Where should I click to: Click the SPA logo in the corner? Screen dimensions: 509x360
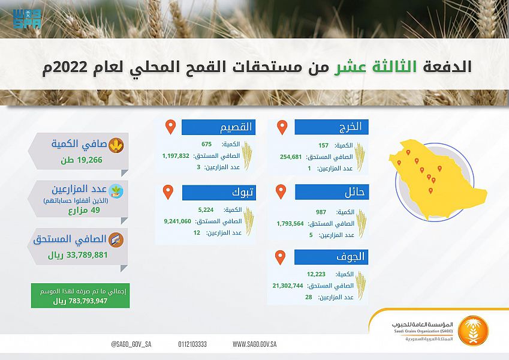27,19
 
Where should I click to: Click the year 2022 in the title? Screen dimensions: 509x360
68,67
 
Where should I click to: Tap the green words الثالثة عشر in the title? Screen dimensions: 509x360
375,67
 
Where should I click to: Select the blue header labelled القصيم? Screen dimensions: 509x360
218,127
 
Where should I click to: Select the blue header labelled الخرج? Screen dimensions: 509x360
332,127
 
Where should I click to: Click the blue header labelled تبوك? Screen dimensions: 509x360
219,193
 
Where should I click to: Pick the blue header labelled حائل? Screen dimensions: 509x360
332,192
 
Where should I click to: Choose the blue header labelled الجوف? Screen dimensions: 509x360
331,257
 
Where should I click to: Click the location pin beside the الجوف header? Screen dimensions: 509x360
280,257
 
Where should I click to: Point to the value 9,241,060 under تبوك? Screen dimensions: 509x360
177,221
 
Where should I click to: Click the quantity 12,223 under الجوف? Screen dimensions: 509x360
316,274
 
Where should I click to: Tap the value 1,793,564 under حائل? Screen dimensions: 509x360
290,224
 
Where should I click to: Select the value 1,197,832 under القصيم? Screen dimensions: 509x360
176,156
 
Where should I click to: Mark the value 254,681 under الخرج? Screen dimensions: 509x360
291,157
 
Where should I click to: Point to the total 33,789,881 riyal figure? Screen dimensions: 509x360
87,255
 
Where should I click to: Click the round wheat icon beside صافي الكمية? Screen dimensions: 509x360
116,145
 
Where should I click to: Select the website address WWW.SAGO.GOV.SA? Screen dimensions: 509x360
254,344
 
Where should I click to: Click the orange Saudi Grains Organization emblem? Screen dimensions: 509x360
473,331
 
